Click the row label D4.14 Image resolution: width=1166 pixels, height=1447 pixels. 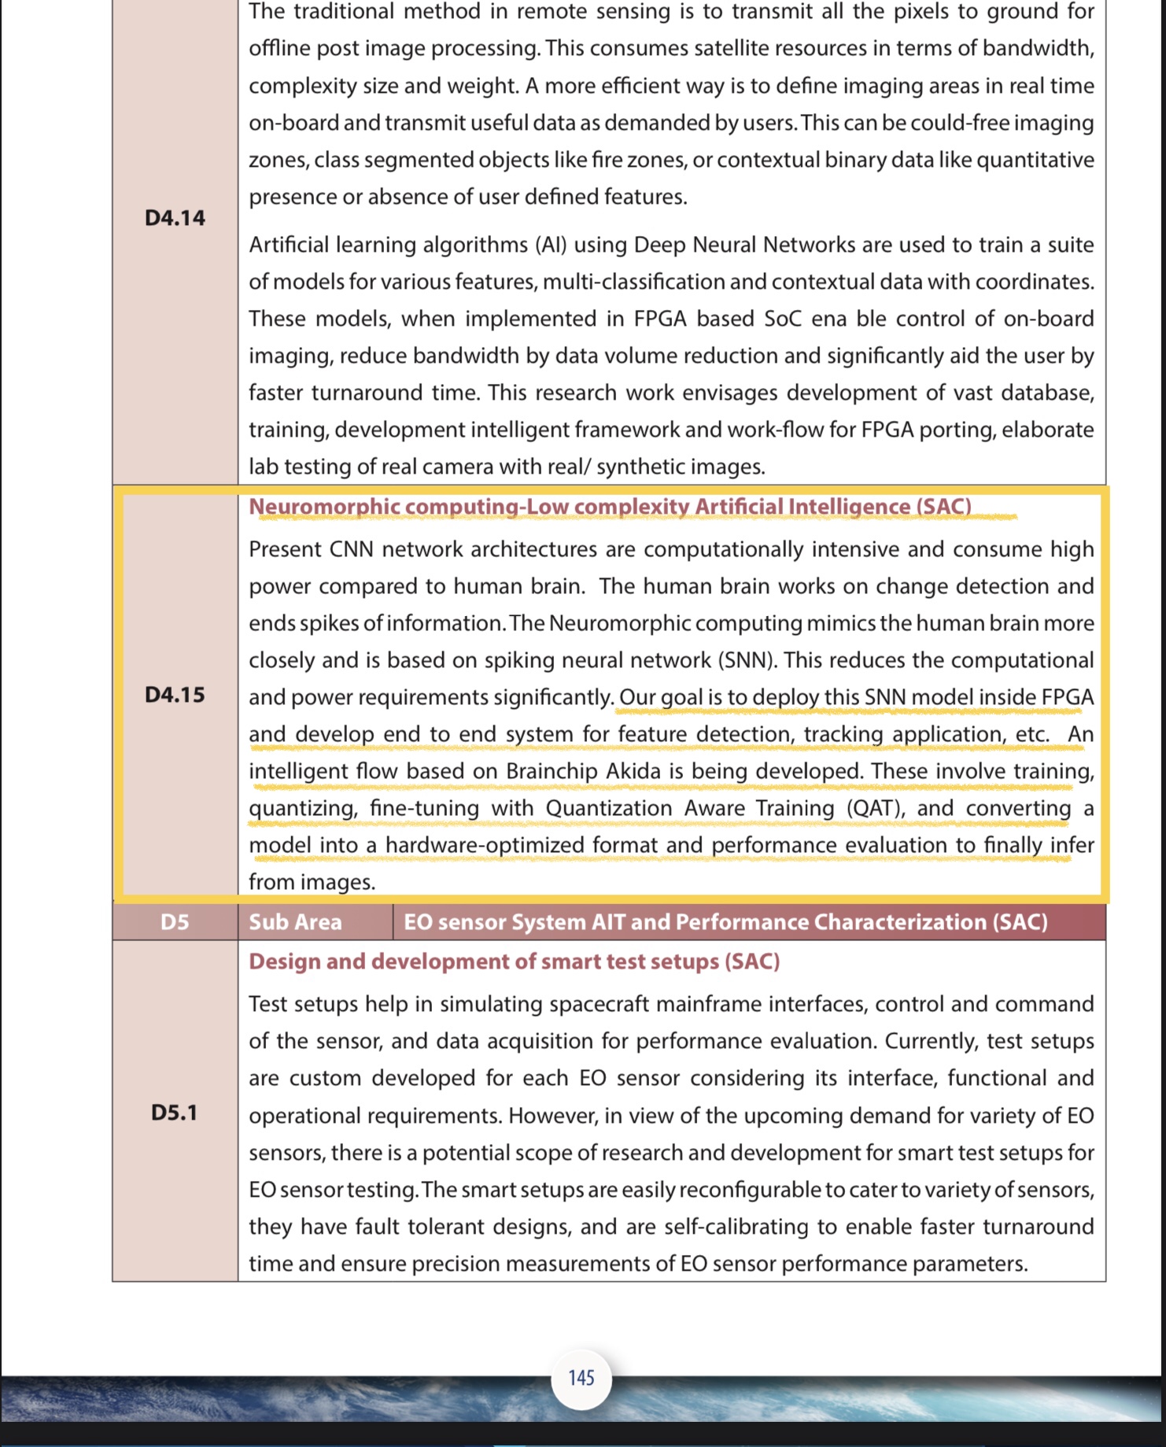[x=175, y=218]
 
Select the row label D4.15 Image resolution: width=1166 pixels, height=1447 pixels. [x=175, y=695]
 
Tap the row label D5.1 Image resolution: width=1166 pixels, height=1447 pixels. [x=174, y=1113]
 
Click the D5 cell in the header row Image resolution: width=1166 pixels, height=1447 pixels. [x=175, y=922]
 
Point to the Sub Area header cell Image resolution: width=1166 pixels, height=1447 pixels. [x=296, y=922]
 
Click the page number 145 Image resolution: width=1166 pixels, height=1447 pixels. [x=581, y=1378]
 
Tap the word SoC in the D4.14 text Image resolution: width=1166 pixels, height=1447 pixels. [x=782, y=319]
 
